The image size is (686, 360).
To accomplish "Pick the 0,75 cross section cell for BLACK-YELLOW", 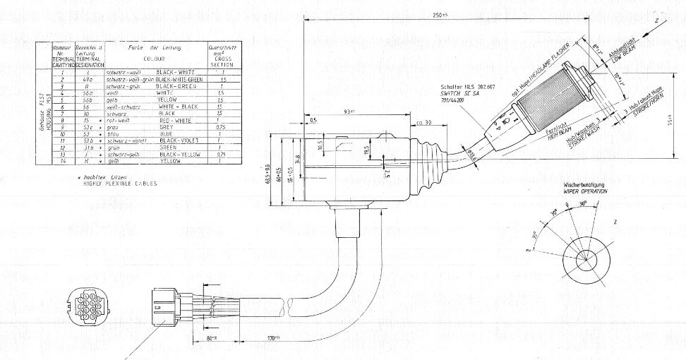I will tap(222, 154).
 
